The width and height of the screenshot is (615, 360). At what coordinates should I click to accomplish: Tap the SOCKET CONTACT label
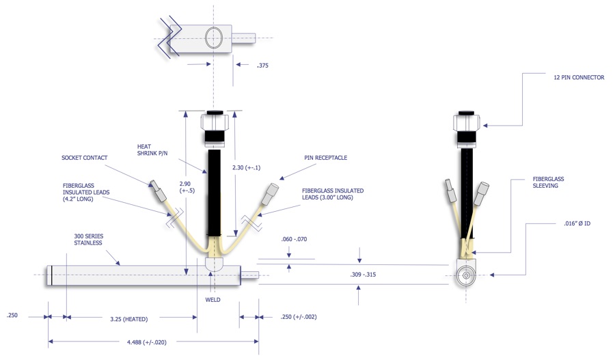pyautogui.click(x=84, y=158)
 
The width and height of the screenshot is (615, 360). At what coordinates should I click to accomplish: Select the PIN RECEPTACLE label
pyautogui.click(x=326, y=158)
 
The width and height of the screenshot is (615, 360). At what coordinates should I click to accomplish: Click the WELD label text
pyautogui.click(x=213, y=299)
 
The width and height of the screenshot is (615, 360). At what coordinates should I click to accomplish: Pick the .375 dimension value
pyautogui.click(x=262, y=66)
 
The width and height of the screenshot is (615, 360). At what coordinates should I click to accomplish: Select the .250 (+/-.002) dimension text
pyautogui.click(x=298, y=317)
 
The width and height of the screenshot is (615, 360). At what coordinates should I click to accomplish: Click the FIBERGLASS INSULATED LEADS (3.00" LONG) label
pyautogui.click(x=333, y=195)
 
